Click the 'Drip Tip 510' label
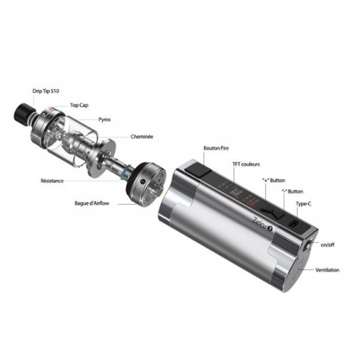45,91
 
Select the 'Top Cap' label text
79,105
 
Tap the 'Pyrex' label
104,119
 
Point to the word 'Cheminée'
142,137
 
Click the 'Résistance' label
52,181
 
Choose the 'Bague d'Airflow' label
92,203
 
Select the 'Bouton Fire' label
216,148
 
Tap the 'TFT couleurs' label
246,164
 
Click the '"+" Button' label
273,181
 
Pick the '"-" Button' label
292,191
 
